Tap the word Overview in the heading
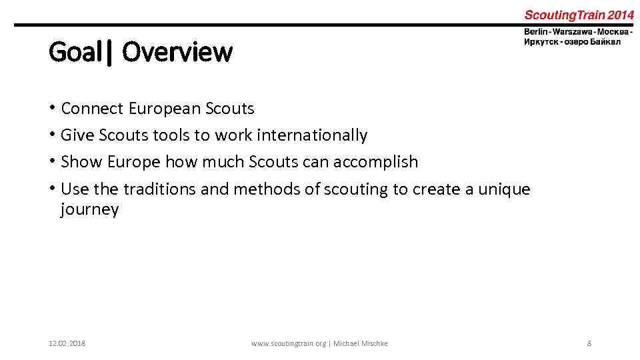177,52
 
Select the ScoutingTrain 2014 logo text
579,15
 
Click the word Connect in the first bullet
92,108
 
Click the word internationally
312,135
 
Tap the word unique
505,189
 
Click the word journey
89,209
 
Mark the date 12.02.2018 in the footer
67,343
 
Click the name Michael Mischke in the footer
361,343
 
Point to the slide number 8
589,343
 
